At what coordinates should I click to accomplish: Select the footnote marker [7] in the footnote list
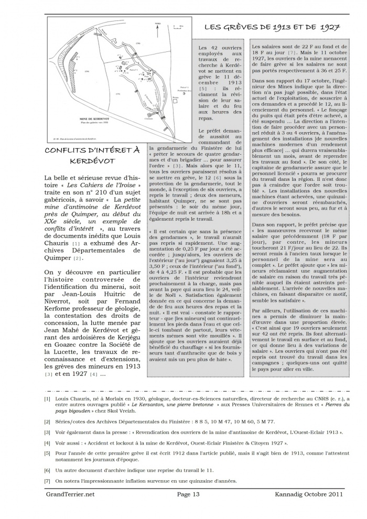point(48,481)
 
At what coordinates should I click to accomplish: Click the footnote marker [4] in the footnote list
point(48,443)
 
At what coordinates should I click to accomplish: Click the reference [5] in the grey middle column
point(203,89)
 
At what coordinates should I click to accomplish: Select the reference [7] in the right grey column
point(292,53)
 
